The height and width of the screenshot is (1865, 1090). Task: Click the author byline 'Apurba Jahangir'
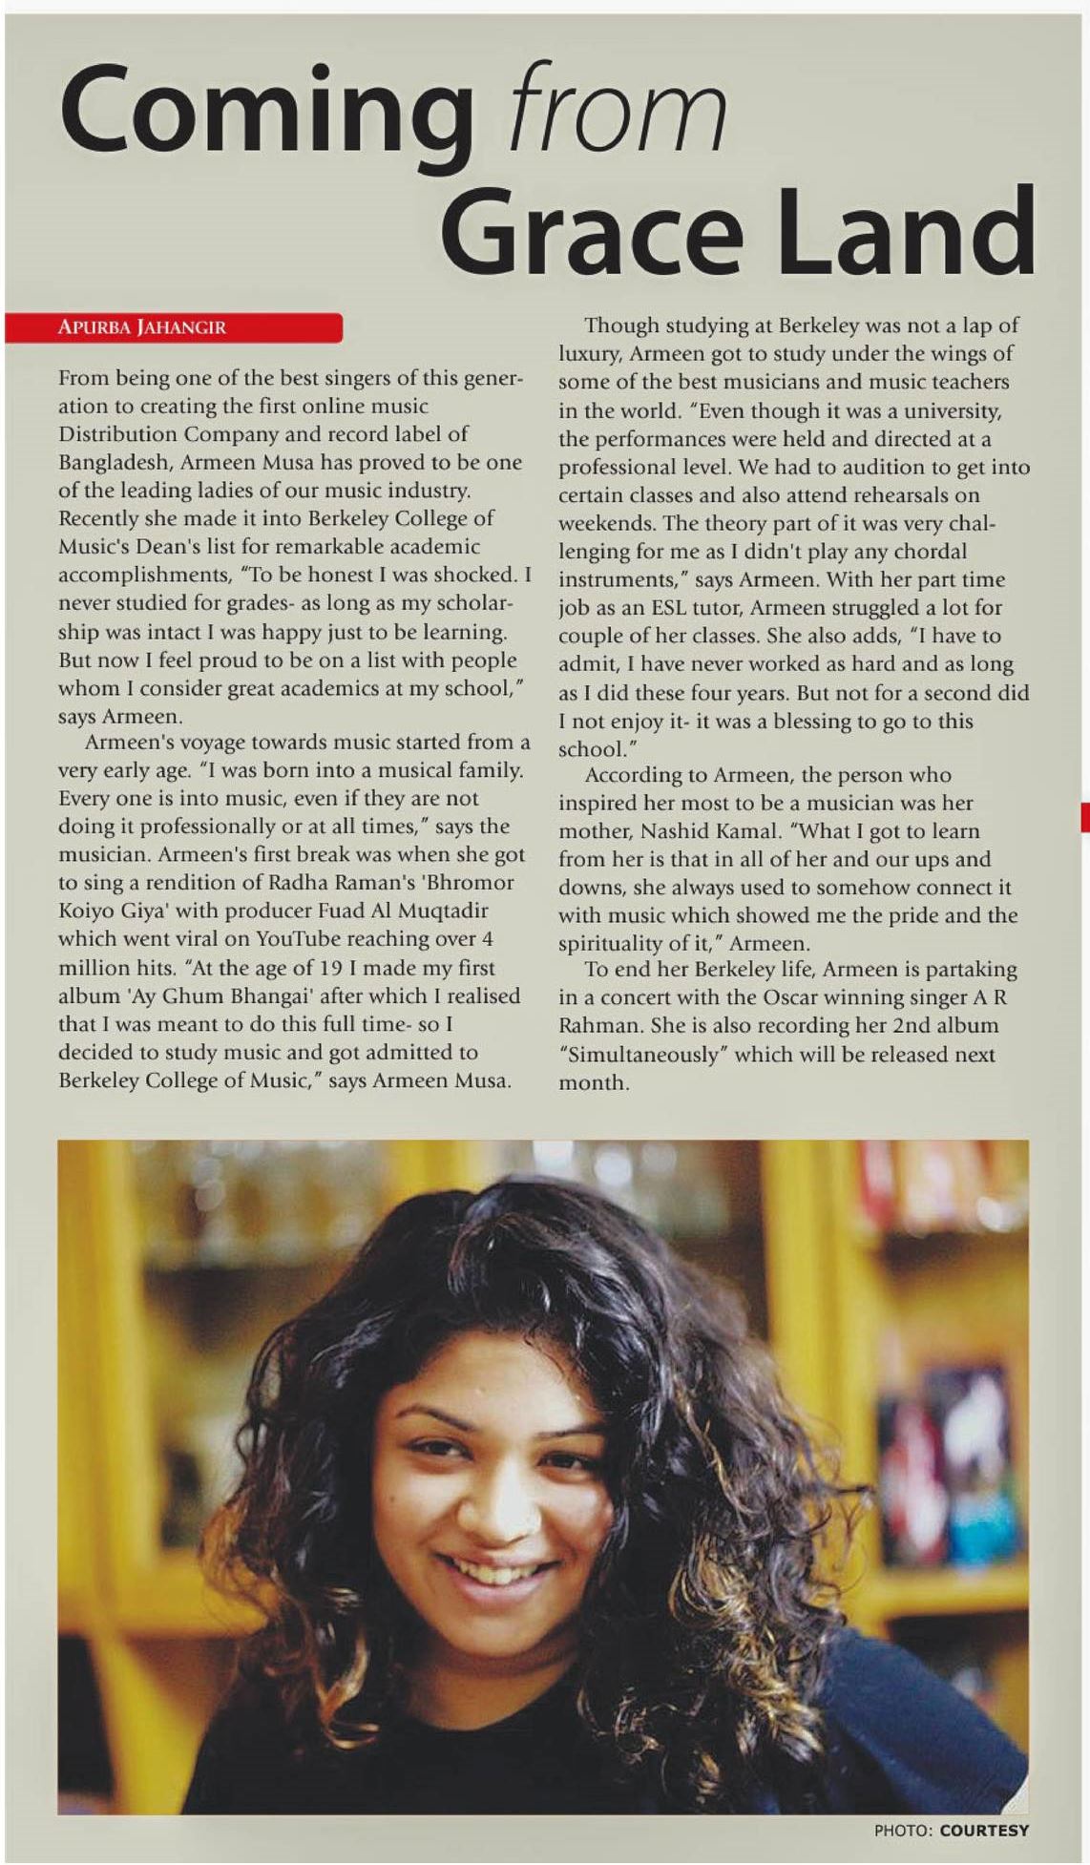coord(142,327)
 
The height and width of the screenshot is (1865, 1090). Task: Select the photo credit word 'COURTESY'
coord(984,1830)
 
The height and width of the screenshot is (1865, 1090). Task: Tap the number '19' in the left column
coord(330,967)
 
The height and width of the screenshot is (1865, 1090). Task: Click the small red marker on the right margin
coord(1084,817)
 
